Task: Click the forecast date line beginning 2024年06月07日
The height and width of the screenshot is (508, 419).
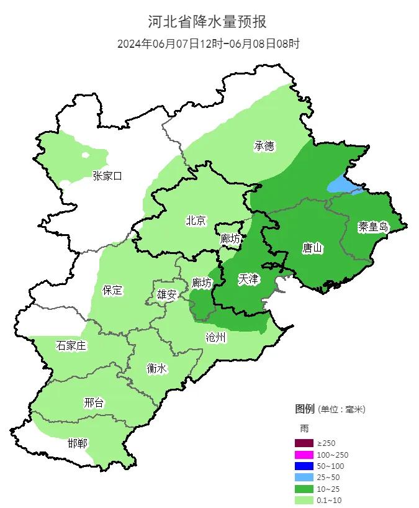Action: coord(209,44)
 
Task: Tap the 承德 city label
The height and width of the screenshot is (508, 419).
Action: coord(264,147)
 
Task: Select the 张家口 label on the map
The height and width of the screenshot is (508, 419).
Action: coord(107,176)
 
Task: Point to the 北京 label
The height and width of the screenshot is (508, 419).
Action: coord(196,220)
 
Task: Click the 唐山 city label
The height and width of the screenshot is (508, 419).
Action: coord(312,248)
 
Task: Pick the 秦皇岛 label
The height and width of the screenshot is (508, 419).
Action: coord(373,227)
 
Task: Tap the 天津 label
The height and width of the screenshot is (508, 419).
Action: coord(249,279)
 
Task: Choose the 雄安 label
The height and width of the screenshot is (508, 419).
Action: coord(166,294)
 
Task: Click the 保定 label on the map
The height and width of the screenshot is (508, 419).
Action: coord(112,290)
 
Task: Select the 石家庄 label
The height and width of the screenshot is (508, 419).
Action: coord(71,346)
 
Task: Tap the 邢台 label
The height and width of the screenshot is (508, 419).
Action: coord(94,402)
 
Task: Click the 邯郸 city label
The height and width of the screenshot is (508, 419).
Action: coord(78,443)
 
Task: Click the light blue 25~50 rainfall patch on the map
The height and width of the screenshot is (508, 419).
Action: coord(340,184)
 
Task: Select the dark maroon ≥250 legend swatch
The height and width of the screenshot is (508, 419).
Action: coord(304,443)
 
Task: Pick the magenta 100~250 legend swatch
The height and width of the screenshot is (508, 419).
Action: coord(304,455)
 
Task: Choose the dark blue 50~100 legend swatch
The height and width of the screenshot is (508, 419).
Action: coord(304,466)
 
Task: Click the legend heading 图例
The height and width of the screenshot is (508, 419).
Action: coord(305,409)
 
